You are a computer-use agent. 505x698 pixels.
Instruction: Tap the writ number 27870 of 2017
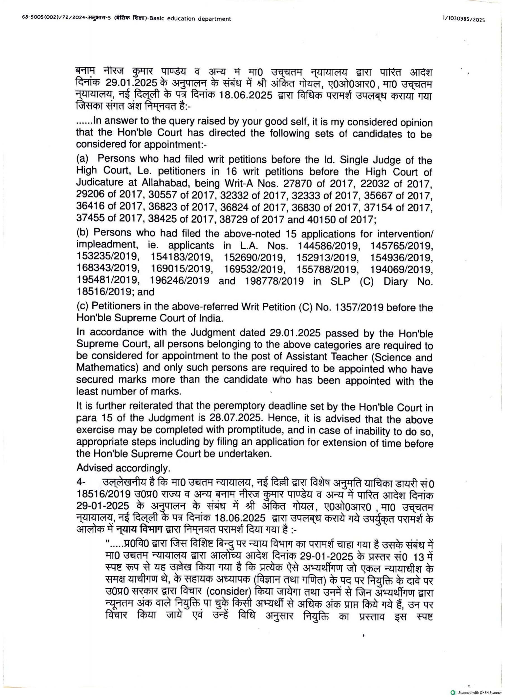pos(315,184)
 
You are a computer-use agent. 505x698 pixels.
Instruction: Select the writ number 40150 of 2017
pos(341,220)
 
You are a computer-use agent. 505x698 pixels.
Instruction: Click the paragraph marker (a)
pos(82,159)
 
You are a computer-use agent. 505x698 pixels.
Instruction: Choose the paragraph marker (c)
pos(82,306)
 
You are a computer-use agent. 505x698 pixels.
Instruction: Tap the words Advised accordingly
pos(123,468)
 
